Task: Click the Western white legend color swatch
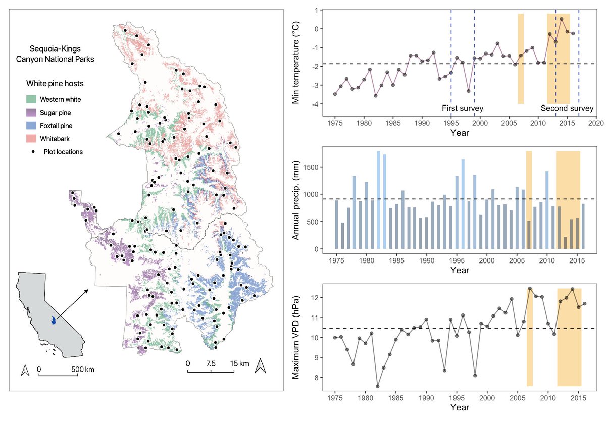tap(31, 99)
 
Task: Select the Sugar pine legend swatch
tap(31, 113)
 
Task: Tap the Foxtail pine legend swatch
tap(31, 126)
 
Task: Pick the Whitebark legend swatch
tap(31, 139)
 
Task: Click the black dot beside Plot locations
tap(33, 152)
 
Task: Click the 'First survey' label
tap(463, 108)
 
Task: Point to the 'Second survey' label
tap(567, 108)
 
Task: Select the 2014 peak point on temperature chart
tap(562, 19)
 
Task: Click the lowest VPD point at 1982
tap(378, 386)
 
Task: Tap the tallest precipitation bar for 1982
tap(378, 200)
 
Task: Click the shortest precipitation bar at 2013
tap(565, 243)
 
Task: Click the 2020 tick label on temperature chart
tap(596, 123)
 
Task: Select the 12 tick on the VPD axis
tap(316, 298)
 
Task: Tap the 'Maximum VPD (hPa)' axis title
tap(296, 338)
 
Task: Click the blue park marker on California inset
tap(54, 320)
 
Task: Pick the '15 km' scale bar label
tap(239, 363)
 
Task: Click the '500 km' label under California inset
tap(83, 370)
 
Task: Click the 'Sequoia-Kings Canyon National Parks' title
tap(55, 54)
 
